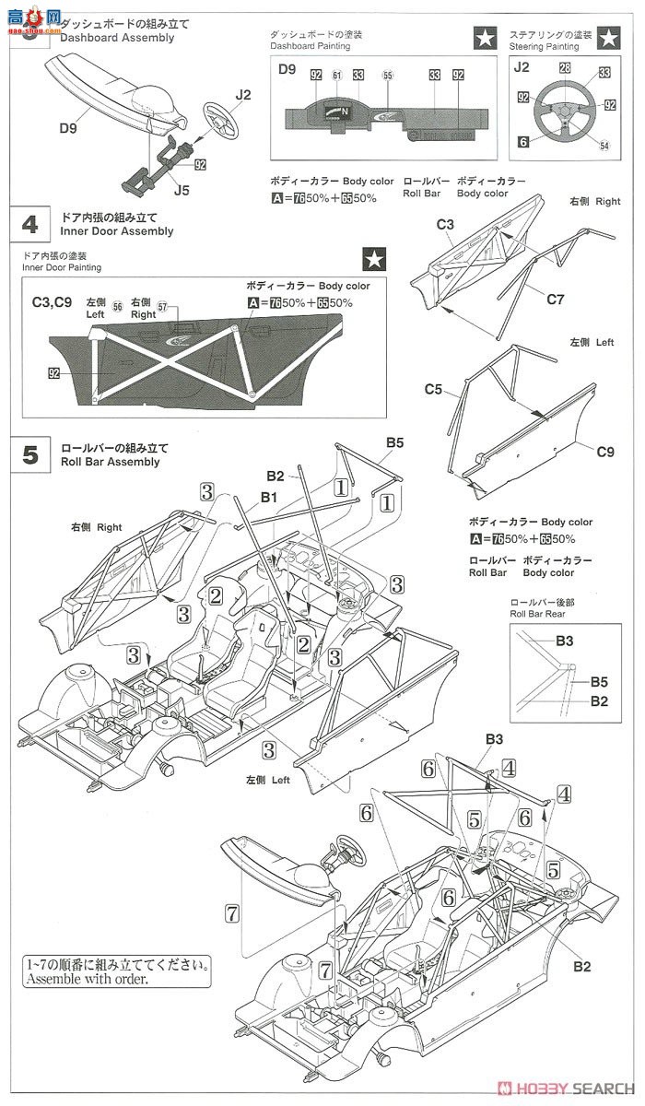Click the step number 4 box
(30, 224)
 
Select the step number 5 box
(30, 454)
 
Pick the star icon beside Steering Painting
(607, 38)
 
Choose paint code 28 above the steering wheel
(564, 68)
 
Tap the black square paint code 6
(522, 141)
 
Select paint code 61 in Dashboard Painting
(337, 75)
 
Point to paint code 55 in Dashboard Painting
(387, 75)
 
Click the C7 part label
(555, 299)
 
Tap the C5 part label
(434, 390)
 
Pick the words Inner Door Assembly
(116, 231)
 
